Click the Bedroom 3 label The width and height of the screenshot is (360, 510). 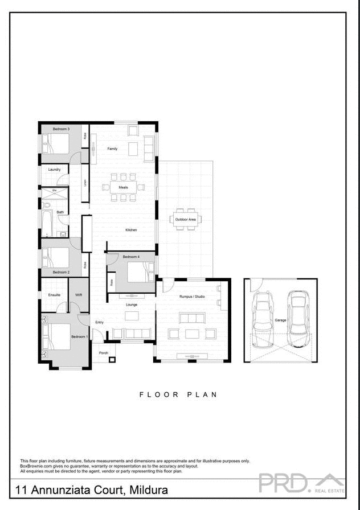(x=61, y=129)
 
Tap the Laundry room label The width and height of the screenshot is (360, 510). (x=55, y=170)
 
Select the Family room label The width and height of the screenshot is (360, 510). (x=112, y=149)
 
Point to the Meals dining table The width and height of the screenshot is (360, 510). (x=124, y=187)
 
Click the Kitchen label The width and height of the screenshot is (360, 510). (x=131, y=230)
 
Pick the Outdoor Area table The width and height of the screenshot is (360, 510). (x=186, y=219)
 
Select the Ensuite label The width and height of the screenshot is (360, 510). (x=55, y=295)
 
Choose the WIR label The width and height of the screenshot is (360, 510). (x=79, y=295)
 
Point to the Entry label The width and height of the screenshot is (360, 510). (x=100, y=323)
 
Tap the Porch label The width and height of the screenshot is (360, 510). (x=103, y=353)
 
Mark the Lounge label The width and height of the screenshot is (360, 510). (x=132, y=305)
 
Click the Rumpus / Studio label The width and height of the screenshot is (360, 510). (x=192, y=297)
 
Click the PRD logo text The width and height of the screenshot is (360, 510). (x=283, y=483)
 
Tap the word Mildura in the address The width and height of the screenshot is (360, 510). (x=149, y=490)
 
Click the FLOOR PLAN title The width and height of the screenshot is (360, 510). (x=178, y=394)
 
